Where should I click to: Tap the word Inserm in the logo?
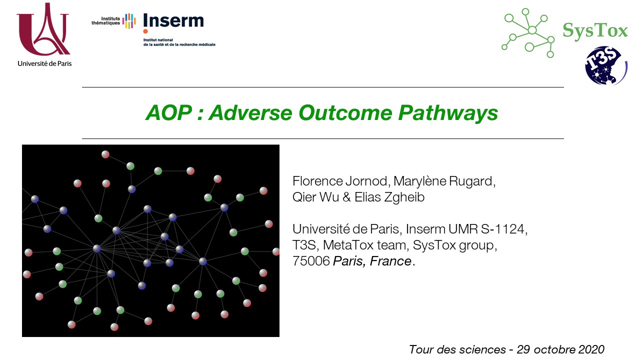coord(173,20)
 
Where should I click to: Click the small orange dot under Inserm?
coord(145,31)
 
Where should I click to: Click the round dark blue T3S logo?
coord(605,65)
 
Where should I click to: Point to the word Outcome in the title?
coord(345,112)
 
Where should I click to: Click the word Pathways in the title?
coord(448,113)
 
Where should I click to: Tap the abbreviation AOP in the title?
coord(168,112)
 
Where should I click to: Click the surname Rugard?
coord(472,181)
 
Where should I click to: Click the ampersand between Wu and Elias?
coord(346,197)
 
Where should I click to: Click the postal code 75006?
coord(311,261)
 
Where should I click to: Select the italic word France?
coord(390,261)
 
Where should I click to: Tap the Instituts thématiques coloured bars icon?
coord(129,21)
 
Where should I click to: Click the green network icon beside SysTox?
coord(528,32)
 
